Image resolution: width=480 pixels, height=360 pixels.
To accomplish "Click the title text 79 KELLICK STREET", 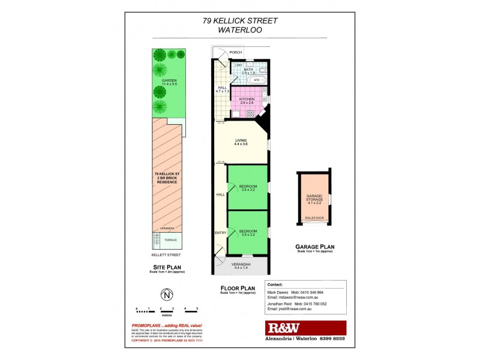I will (240, 20).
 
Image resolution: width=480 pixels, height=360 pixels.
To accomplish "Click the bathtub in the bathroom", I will (257, 80).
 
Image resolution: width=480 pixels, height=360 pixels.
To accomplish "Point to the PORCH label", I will (244, 52).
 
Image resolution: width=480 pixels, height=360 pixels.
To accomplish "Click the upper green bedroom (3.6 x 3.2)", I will (248, 188).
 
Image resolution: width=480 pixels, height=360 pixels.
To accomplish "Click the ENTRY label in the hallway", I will (220, 232).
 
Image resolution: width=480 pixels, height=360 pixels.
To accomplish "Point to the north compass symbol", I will (166, 295).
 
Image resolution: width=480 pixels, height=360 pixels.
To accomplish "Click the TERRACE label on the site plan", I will (170, 240).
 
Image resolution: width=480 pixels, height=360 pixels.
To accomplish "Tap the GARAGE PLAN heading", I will (314, 246).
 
